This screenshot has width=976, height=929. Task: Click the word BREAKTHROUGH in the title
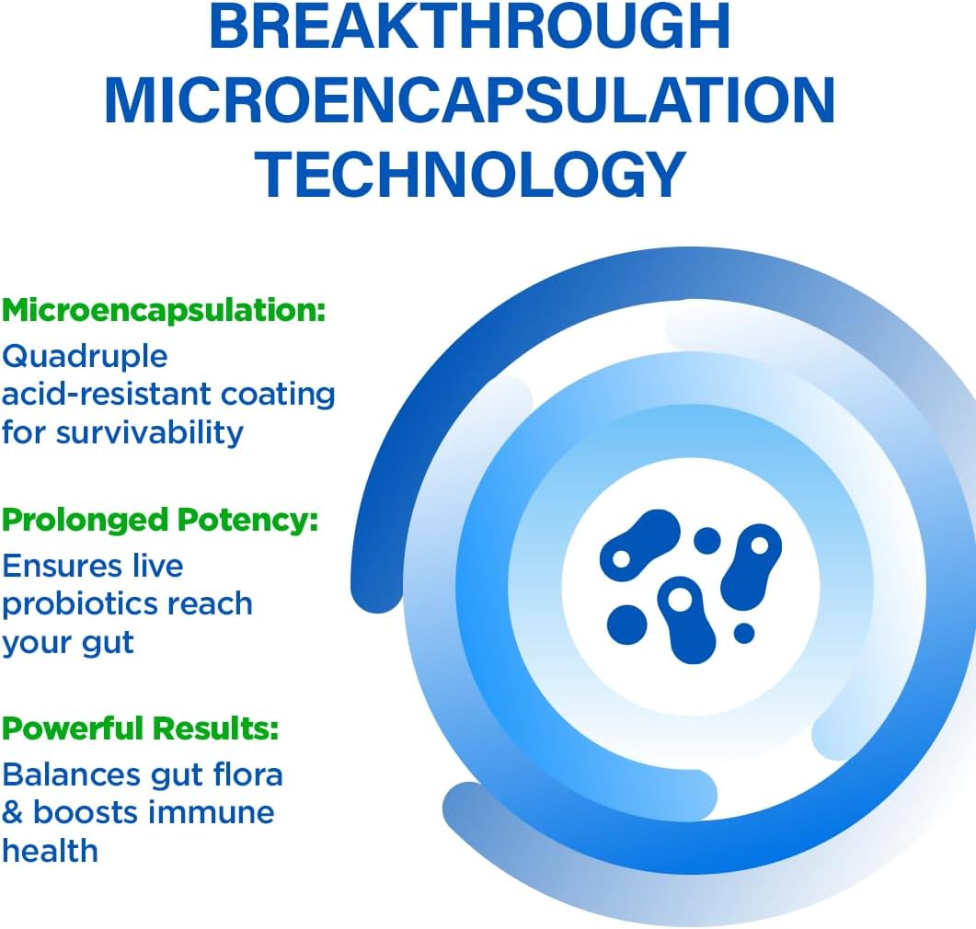(x=469, y=27)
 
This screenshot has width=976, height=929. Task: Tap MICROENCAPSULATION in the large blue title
(x=469, y=100)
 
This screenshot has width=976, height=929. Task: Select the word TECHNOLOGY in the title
(x=469, y=174)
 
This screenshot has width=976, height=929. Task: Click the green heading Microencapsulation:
(x=164, y=310)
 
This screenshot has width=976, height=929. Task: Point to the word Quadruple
(x=86, y=355)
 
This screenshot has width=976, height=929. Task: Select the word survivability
(x=150, y=432)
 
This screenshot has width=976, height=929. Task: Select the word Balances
(x=71, y=774)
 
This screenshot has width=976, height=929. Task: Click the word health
(x=50, y=851)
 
